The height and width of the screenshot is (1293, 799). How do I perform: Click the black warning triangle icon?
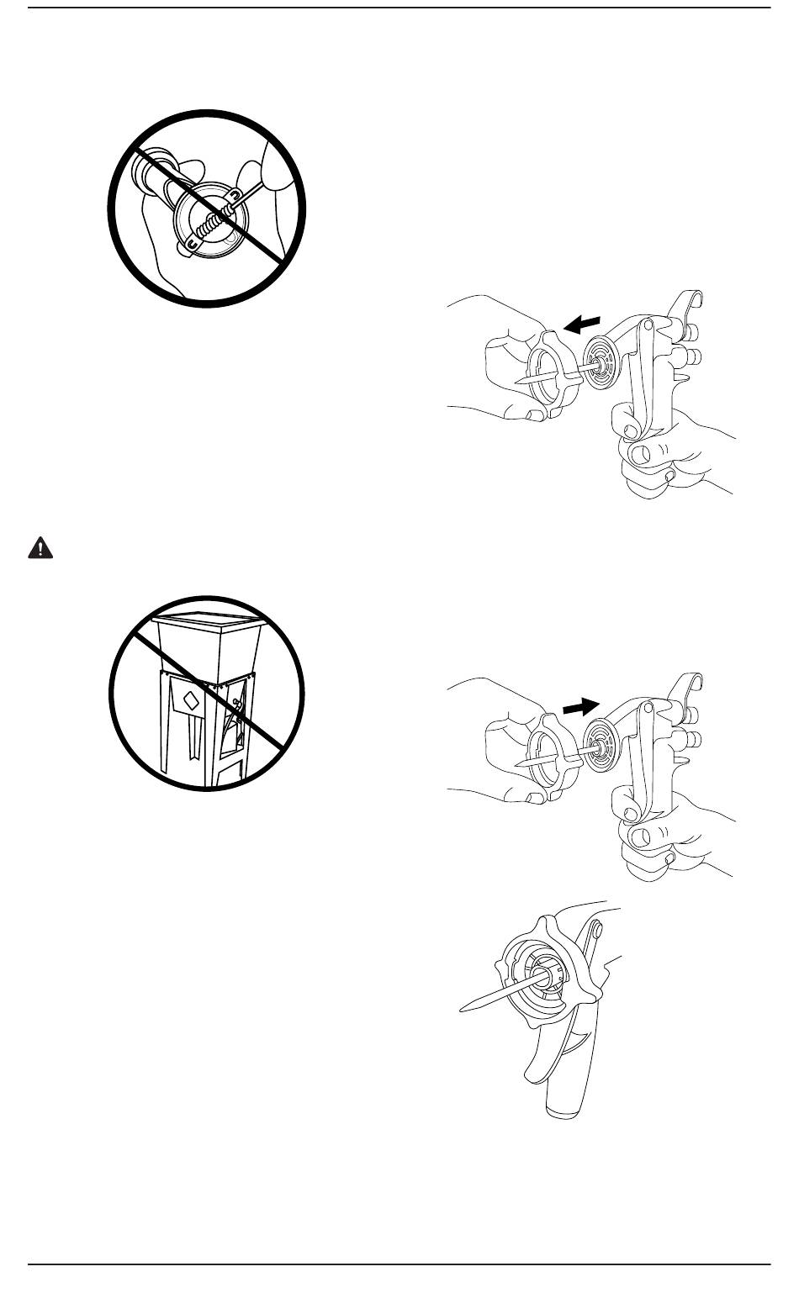click(39, 548)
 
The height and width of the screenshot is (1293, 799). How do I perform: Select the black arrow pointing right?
click(582, 706)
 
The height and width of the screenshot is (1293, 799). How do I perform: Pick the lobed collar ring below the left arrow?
click(551, 373)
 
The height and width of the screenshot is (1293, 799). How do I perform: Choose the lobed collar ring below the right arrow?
click(551, 757)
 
